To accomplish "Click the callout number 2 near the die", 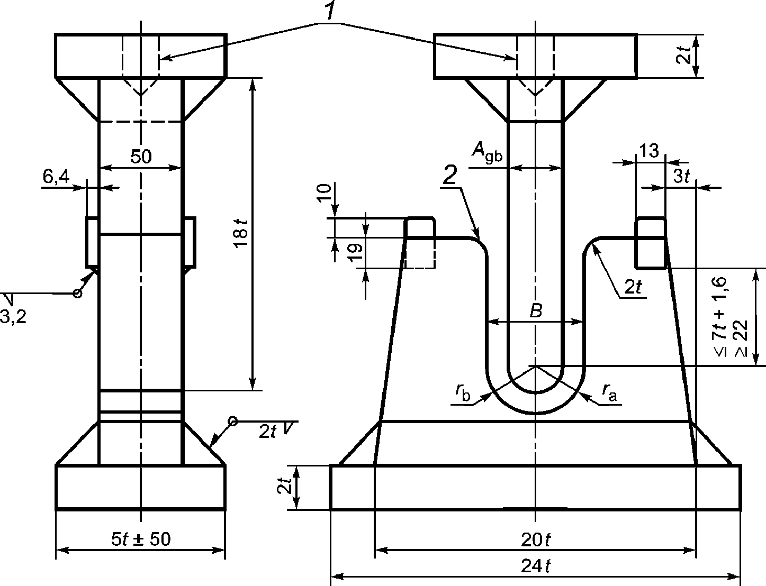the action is [x=450, y=176].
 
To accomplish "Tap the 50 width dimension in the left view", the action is [x=141, y=157].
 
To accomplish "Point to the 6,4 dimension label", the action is [x=57, y=177].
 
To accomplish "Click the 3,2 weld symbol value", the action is [x=13, y=318].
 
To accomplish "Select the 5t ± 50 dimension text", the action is [x=141, y=539].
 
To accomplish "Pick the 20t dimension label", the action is [x=536, y=540].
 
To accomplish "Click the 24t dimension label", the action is [x=536, y=566].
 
